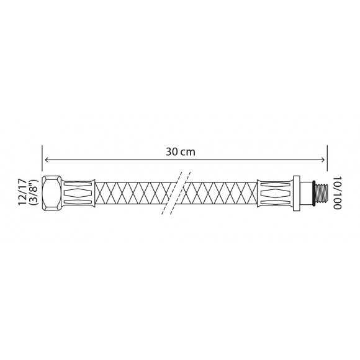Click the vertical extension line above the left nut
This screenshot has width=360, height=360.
click(42, 161)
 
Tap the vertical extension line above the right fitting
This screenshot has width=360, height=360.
click(326, 161)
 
